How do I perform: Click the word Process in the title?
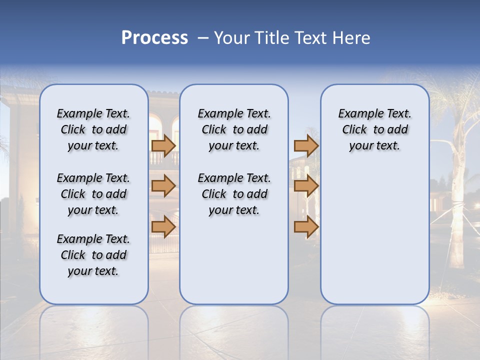(x=154, y=38)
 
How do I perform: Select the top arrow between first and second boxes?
(x=163, y=145)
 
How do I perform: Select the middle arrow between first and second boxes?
(x=163, y=186)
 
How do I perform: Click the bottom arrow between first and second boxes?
(x=163, y=226)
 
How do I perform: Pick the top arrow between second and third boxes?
(x=306, y=145)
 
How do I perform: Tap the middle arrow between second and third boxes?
(x=306, y=186)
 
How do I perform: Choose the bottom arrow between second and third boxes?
(x=306, y=226)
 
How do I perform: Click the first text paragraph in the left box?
(x=93, y=129)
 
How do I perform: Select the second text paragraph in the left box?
(x=93, y=194)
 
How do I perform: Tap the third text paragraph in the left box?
(x=93, y=255)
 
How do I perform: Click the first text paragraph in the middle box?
(x=234, y=129)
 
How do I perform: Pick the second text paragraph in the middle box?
(x=234, y=194)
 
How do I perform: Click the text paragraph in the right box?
(x=374, y=129)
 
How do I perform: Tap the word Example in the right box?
(x=357, y=114)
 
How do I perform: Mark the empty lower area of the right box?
(x=374, y=235)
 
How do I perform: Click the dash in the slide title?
(x=202, y=38)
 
